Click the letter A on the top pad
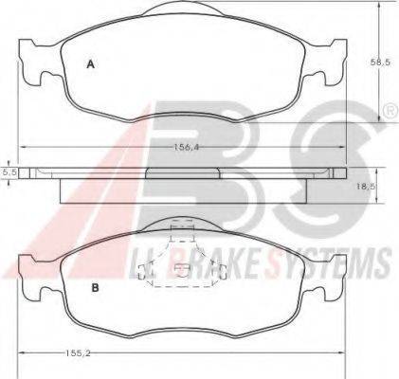click(91, 64)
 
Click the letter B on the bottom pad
click(95, 288)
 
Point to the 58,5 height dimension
click(380, 63)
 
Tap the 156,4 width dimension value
click(188, 147)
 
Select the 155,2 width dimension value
click(78, 353)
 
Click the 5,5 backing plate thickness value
click(8, 172)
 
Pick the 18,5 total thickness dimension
click(365, 187)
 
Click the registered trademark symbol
click(390, 111)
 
